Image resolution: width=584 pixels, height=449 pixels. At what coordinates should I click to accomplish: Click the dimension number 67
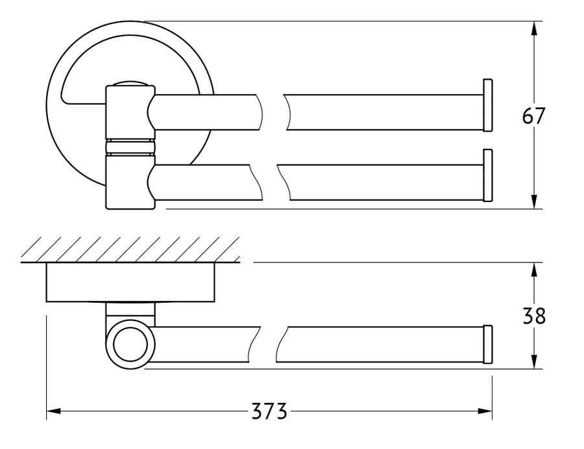533,116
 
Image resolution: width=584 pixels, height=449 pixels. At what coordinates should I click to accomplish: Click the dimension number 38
534,316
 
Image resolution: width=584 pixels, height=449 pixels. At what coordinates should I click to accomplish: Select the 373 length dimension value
269,411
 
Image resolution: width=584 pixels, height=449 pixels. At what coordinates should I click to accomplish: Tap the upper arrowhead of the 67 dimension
534,29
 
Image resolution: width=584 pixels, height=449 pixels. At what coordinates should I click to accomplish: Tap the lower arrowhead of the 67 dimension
534,201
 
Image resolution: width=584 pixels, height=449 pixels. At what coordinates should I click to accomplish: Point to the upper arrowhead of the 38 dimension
534,270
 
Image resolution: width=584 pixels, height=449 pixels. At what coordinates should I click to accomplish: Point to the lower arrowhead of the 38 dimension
534,362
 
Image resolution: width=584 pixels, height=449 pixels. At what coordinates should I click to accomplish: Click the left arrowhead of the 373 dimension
54,411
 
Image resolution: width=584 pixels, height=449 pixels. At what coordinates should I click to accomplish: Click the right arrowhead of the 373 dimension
485,411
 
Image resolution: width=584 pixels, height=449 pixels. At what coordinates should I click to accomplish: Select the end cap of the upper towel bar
488,105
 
